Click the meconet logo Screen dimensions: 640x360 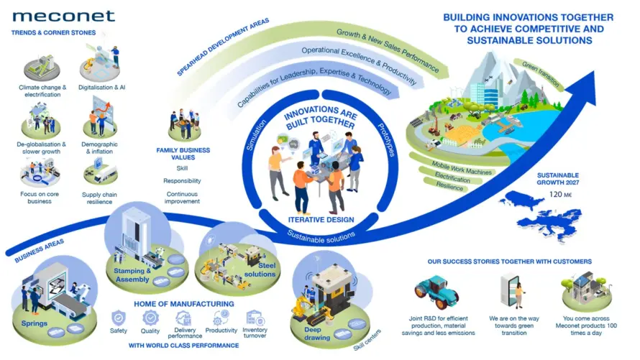point(63,17)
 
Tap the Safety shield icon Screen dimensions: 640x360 point(119,318)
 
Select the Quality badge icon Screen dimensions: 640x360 point(150,318)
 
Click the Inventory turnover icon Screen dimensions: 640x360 point(255,318)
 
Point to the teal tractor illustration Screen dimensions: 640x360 point(436,291)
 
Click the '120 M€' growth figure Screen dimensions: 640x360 point(560,195)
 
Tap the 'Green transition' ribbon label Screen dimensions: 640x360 point(541,74)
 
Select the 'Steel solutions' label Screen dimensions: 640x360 point(260,270)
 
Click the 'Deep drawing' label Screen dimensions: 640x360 point(317,333)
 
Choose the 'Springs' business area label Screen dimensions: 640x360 point(35,323)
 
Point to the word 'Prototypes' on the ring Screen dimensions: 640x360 point(386,140)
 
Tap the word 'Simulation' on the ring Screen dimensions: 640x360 point(256,135)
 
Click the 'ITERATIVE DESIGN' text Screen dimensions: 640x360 point(321,220)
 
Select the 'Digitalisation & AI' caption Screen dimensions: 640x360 point(101,87)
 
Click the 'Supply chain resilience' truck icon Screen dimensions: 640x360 point(100,172)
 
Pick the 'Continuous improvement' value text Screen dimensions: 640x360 point(182,198)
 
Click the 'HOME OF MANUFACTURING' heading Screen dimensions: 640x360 point(184,304)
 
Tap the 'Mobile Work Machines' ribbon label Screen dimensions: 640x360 point(462,168)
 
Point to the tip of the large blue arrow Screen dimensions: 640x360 point(595,70)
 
